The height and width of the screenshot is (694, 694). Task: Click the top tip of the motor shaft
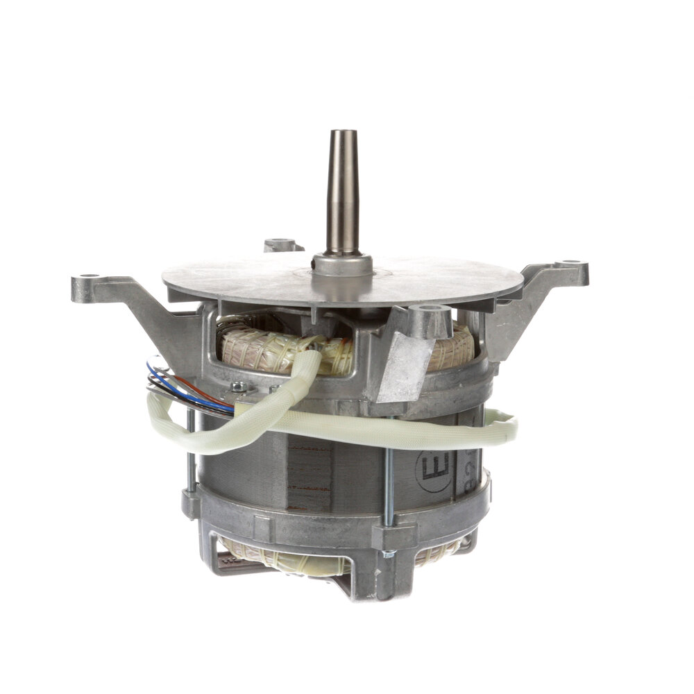pyautogui.click(x=343, y=133)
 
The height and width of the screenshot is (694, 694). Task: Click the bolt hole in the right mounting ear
pyautogui.click(x=573, y=264)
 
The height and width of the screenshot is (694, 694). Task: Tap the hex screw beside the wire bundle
pyautogui.click(x=239, y=387)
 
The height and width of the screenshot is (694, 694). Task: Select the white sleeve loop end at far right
pyautogui.click(x=510, y=425)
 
